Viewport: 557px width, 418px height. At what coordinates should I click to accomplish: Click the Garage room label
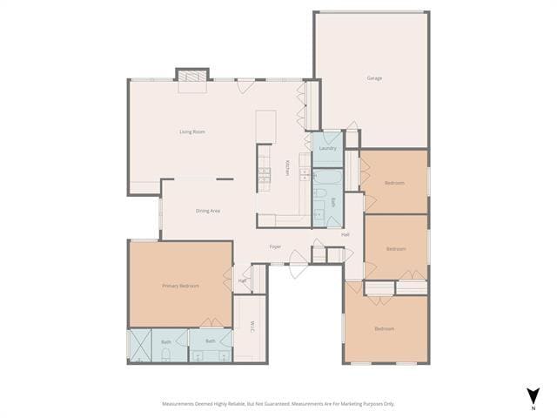pos(374,78)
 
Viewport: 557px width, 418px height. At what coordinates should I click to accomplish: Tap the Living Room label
pos(192,131)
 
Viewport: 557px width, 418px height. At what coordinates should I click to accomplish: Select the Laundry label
pos(327,148)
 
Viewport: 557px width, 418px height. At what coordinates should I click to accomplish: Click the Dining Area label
pos(207,211)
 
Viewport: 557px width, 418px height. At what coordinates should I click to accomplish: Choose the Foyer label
pos(275,246)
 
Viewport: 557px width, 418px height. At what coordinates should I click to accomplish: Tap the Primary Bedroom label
pos(180,286)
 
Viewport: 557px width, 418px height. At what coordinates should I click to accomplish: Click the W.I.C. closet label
pos(252,327)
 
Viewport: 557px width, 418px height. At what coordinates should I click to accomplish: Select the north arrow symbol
pos(533,394)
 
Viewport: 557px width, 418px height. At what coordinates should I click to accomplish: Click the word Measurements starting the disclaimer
pos(180,404)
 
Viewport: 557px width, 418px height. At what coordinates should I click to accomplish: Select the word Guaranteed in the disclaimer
pos(274,404)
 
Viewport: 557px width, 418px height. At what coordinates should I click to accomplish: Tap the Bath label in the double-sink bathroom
pos(210,341)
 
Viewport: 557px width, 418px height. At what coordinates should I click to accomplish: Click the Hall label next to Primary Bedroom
pos(241,280)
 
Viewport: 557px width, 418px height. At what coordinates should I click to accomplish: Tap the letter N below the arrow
pos(533,408)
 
